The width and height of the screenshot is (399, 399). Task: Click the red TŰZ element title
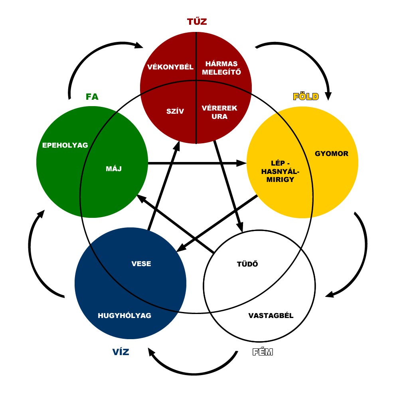(x=197, y=21)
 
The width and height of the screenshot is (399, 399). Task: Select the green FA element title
(x=92, y=97)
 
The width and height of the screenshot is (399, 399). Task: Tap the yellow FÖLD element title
(x=306, y=97)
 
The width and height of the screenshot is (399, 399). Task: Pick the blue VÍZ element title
(x=120, y=352)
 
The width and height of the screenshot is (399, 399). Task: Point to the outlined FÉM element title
(x=263, y=352)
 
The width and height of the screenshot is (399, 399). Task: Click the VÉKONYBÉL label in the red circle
(x=170, y=67)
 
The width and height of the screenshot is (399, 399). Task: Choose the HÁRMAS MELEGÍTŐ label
(x=221, y=68)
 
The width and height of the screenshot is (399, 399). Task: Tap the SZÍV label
(x=175, y=111)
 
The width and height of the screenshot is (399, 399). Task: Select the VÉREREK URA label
(x=219, y=112)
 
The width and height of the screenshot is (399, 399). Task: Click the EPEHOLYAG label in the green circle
(x=65, y=145)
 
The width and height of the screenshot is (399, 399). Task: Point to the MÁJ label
(x=114, y=168)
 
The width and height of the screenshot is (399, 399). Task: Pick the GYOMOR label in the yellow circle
(x=332, y=154)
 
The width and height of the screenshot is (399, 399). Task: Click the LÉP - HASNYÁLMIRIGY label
(x=280, y=171)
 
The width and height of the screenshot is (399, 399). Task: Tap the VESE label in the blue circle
(x=141, y=264)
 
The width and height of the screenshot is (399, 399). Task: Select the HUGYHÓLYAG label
(x=124, y=316)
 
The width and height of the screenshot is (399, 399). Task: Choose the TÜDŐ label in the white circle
(x=247, y=264)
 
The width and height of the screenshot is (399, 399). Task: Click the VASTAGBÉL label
(x=271, y=316)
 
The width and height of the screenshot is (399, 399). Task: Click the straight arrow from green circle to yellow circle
(x=197, y=163)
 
